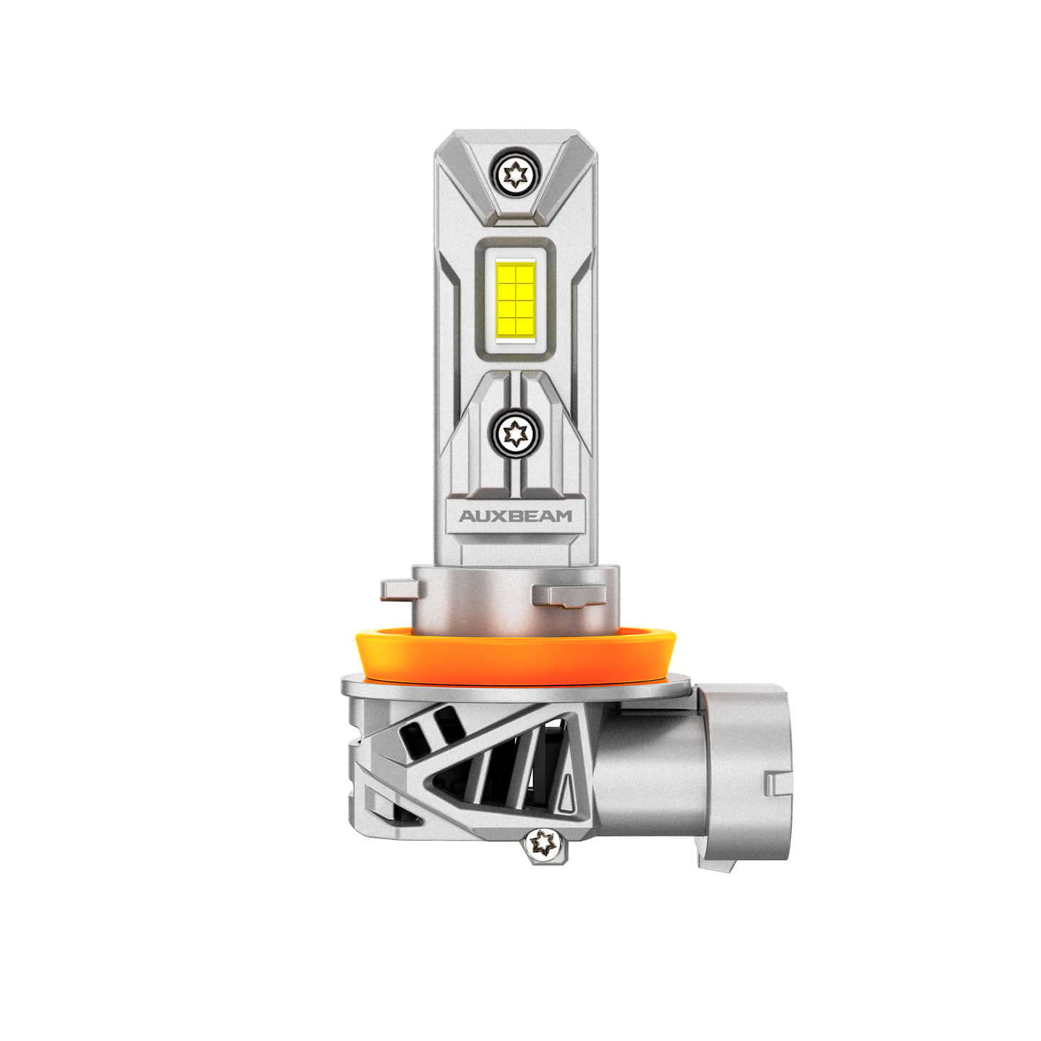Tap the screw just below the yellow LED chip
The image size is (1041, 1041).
516,432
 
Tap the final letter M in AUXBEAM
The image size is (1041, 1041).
563,517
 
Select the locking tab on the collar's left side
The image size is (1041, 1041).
396,588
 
